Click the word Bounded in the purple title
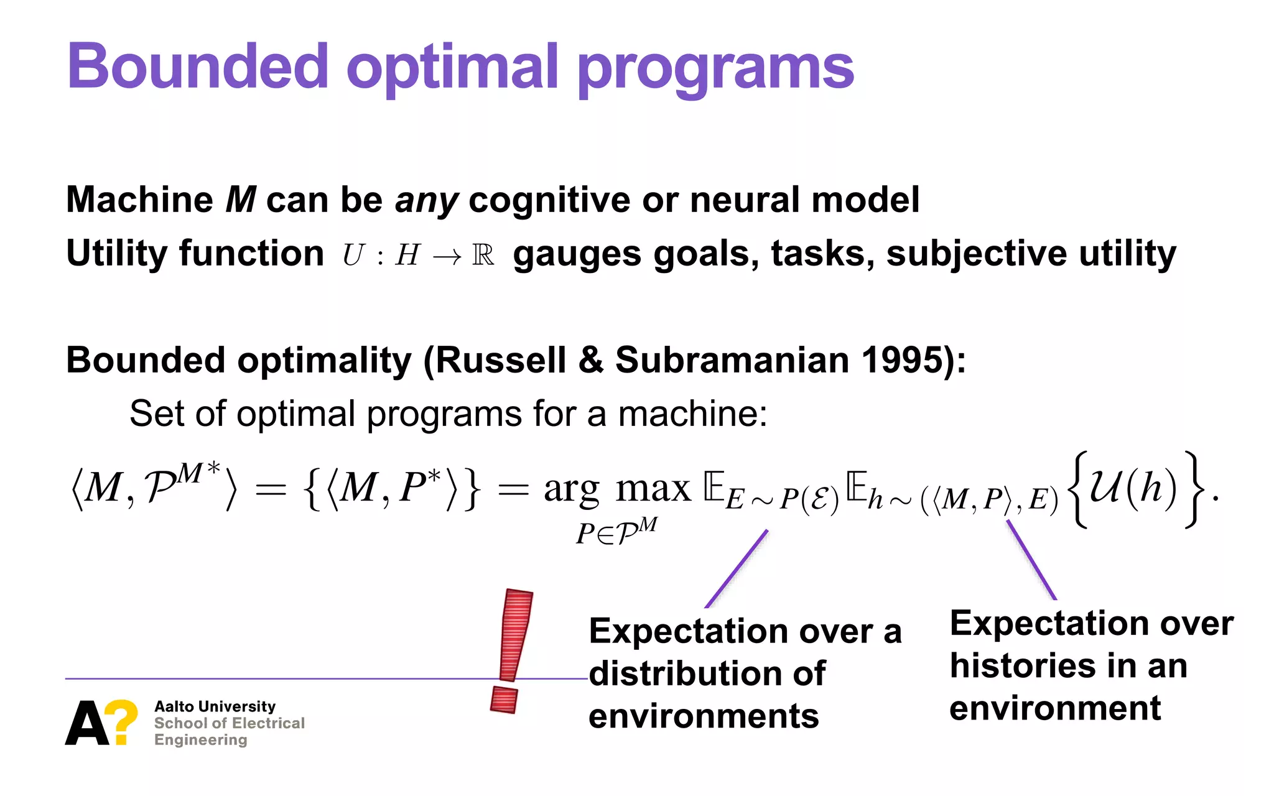198,66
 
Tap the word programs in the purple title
715,68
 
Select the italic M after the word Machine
241,200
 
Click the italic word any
427,201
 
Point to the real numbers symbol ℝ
483,254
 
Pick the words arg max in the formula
617,489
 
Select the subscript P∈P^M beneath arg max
616,531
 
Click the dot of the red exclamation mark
504,700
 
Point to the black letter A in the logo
86,724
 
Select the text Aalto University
215,706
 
